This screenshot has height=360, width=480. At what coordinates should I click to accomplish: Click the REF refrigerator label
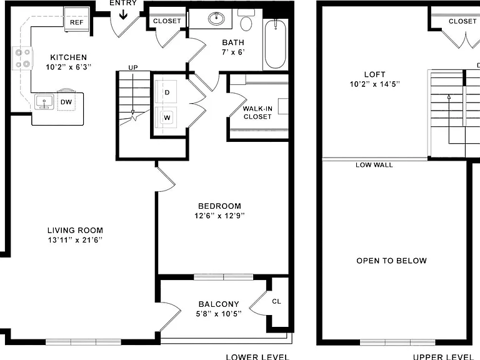click(x=76, y=22)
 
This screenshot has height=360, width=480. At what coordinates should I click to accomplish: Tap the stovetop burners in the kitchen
click(x=22, y=58)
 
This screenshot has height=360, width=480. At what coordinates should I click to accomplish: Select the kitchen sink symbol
click(x=44, y=102)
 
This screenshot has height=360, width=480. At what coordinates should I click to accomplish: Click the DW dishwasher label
click(x=66, y=102)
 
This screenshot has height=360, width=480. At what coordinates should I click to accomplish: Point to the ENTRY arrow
click(x=123, y=14)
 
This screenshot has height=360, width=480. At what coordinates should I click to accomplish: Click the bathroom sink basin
click(x=216, y=18)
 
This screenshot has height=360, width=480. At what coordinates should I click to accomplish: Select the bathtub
click(x=276, y=44)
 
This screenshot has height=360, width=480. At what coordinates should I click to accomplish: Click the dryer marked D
click(x=166, y=92)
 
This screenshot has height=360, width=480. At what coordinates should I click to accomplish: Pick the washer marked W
click(x=166, y=118)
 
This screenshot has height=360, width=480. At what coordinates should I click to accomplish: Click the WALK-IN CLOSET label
click(x=257, y=112)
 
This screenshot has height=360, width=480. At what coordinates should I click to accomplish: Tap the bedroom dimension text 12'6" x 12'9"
click(x=219, y=216)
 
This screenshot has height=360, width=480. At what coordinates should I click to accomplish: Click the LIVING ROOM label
click(x=75, y=230)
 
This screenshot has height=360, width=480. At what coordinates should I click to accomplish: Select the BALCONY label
click(x=219, y=304)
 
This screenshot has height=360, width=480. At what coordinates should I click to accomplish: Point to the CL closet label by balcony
click(x=276, y=301)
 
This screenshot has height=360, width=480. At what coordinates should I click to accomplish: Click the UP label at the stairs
click(x=133, y=67)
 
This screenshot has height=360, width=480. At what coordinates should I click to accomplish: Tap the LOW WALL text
click(x=374, y=165)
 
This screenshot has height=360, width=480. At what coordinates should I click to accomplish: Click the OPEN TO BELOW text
click(x=391, y=261)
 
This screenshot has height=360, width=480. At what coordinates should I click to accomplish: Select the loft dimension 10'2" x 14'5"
click(x=375, y=84)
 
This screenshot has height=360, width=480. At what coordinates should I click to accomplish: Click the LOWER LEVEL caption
click(x=257, y=357)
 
